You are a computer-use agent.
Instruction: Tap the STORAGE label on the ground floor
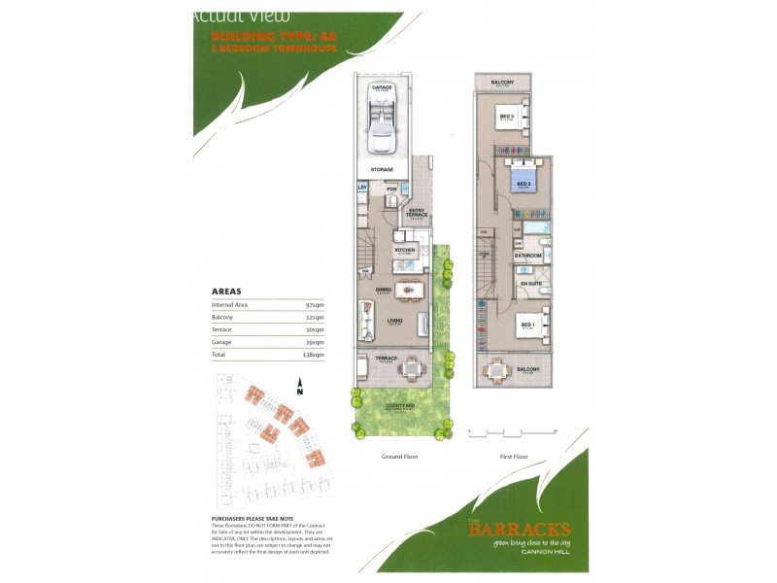(x=381, y=170)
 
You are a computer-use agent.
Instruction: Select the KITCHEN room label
(x=404, y=249)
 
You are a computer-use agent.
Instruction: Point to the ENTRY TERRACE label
(x=418, y=213)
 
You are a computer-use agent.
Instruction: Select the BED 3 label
(x=506, y=117)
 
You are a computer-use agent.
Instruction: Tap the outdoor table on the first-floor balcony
(x=498, y=369)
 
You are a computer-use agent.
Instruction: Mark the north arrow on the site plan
(x=301, y=386)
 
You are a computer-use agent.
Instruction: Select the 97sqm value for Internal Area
(x=315, y=304)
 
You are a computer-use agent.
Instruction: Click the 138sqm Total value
(x=314, y=355)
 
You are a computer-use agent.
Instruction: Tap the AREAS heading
(x=226, y=291)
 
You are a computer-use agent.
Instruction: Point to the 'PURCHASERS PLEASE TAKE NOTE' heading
(x=255, y=520)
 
